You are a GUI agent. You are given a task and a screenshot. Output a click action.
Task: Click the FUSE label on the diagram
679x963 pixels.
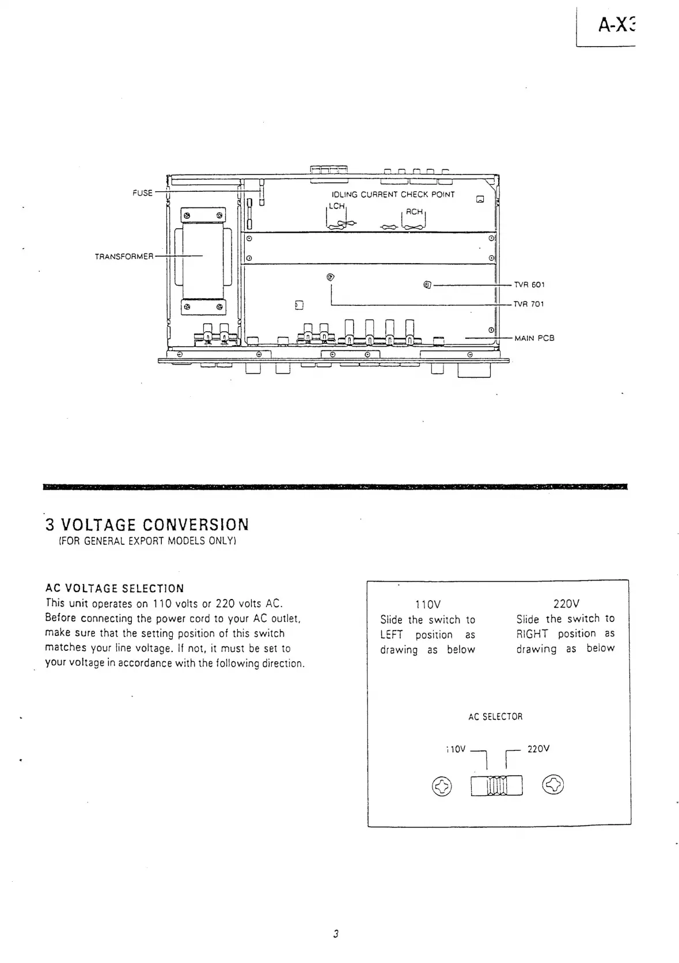[x=142, y=193]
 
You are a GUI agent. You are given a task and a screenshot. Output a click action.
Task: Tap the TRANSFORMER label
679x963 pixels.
[x=124, y=256]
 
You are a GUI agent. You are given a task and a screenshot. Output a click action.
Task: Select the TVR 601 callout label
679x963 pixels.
[x=529, y=285]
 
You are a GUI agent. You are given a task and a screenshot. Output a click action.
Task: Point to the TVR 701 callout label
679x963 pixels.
[x=529, y=304]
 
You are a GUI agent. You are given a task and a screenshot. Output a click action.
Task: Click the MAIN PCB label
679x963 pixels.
[x=534, y=338]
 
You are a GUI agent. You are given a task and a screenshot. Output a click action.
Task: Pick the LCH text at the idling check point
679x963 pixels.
[x=336, y=206]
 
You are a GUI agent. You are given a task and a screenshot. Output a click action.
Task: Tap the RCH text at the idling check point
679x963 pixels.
[x=414, y=212]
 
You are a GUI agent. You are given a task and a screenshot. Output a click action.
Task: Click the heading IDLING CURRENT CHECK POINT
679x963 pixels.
[x=393, y=195]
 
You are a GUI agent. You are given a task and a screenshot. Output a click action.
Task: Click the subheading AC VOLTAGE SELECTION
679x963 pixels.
[x=115, y=588]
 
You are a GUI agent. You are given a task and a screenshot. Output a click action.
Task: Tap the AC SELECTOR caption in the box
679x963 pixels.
[x=495, y=717]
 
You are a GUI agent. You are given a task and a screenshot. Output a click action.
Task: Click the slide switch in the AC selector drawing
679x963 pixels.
[x=496, y=785]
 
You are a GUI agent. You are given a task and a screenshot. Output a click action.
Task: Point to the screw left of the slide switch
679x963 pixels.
[x=442, y=786]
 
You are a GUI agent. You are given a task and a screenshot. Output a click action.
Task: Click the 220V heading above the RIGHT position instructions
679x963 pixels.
[x=566, y=604]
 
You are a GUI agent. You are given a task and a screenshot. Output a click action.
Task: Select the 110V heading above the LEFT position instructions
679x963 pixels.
[x=428, y=604]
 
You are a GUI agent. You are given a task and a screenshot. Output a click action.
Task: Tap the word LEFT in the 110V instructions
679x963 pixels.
[x=391, y=635]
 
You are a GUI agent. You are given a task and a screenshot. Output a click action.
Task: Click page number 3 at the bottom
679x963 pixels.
[x=335, y=934]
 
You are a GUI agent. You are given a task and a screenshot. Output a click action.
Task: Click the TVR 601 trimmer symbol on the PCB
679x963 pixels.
[x=427, y=285]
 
